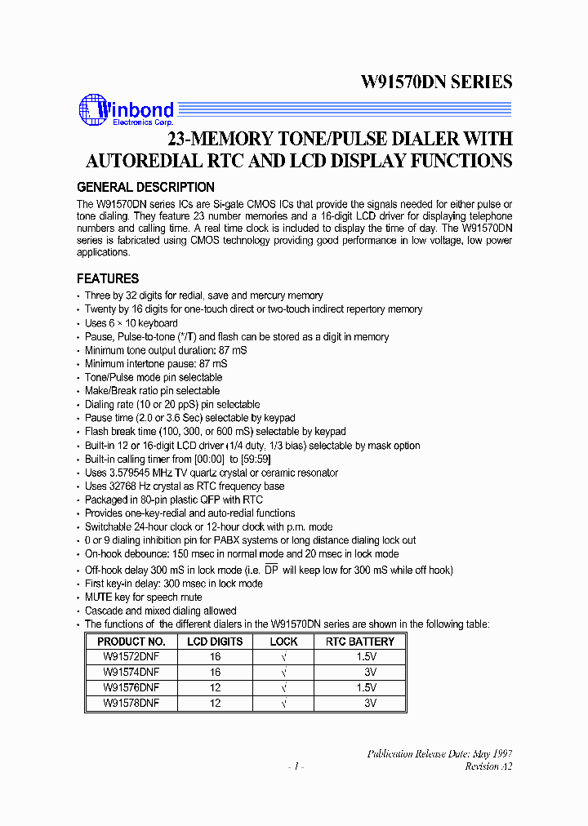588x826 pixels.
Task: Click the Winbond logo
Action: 126,112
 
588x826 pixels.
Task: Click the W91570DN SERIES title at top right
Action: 436,82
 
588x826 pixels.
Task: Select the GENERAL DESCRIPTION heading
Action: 145,187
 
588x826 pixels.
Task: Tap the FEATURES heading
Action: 108,278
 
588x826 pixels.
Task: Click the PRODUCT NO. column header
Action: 131,642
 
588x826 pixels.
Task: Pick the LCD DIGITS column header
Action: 216,642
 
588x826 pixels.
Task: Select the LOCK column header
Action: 284,642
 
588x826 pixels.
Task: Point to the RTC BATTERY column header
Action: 360,642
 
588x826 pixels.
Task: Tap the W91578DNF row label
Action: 131,702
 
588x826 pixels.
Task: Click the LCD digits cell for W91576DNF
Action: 216,687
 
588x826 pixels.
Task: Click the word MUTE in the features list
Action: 100,597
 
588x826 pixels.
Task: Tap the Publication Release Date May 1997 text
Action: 439,753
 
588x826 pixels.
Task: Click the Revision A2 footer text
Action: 488,766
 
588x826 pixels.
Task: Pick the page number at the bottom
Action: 296,767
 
